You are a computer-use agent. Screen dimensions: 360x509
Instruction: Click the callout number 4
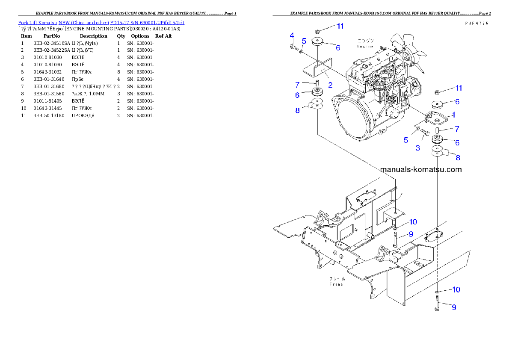pos(292,35)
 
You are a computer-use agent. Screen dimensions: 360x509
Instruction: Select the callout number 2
pos(330,85)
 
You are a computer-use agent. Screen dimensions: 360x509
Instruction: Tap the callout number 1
pos(453,115)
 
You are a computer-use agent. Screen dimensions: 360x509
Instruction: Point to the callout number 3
pos(418,148)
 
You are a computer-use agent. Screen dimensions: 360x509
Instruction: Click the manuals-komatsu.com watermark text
pos(421,169)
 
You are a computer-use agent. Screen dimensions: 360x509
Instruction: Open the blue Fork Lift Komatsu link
pos(101,23)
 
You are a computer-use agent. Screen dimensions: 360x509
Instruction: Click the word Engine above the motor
pos(366,46)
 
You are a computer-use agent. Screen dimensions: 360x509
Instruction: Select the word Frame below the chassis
pos(336,284)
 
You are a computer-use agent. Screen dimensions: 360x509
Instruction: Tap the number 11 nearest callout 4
pos(340,26)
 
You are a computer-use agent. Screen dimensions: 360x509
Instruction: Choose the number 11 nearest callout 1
pos(458,88)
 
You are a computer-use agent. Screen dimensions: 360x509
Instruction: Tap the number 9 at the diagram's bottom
pos(454,307)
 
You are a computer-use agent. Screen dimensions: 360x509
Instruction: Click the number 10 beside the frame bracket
pos(413,221)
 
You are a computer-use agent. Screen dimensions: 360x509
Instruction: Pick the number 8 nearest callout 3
pos(458,157)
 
